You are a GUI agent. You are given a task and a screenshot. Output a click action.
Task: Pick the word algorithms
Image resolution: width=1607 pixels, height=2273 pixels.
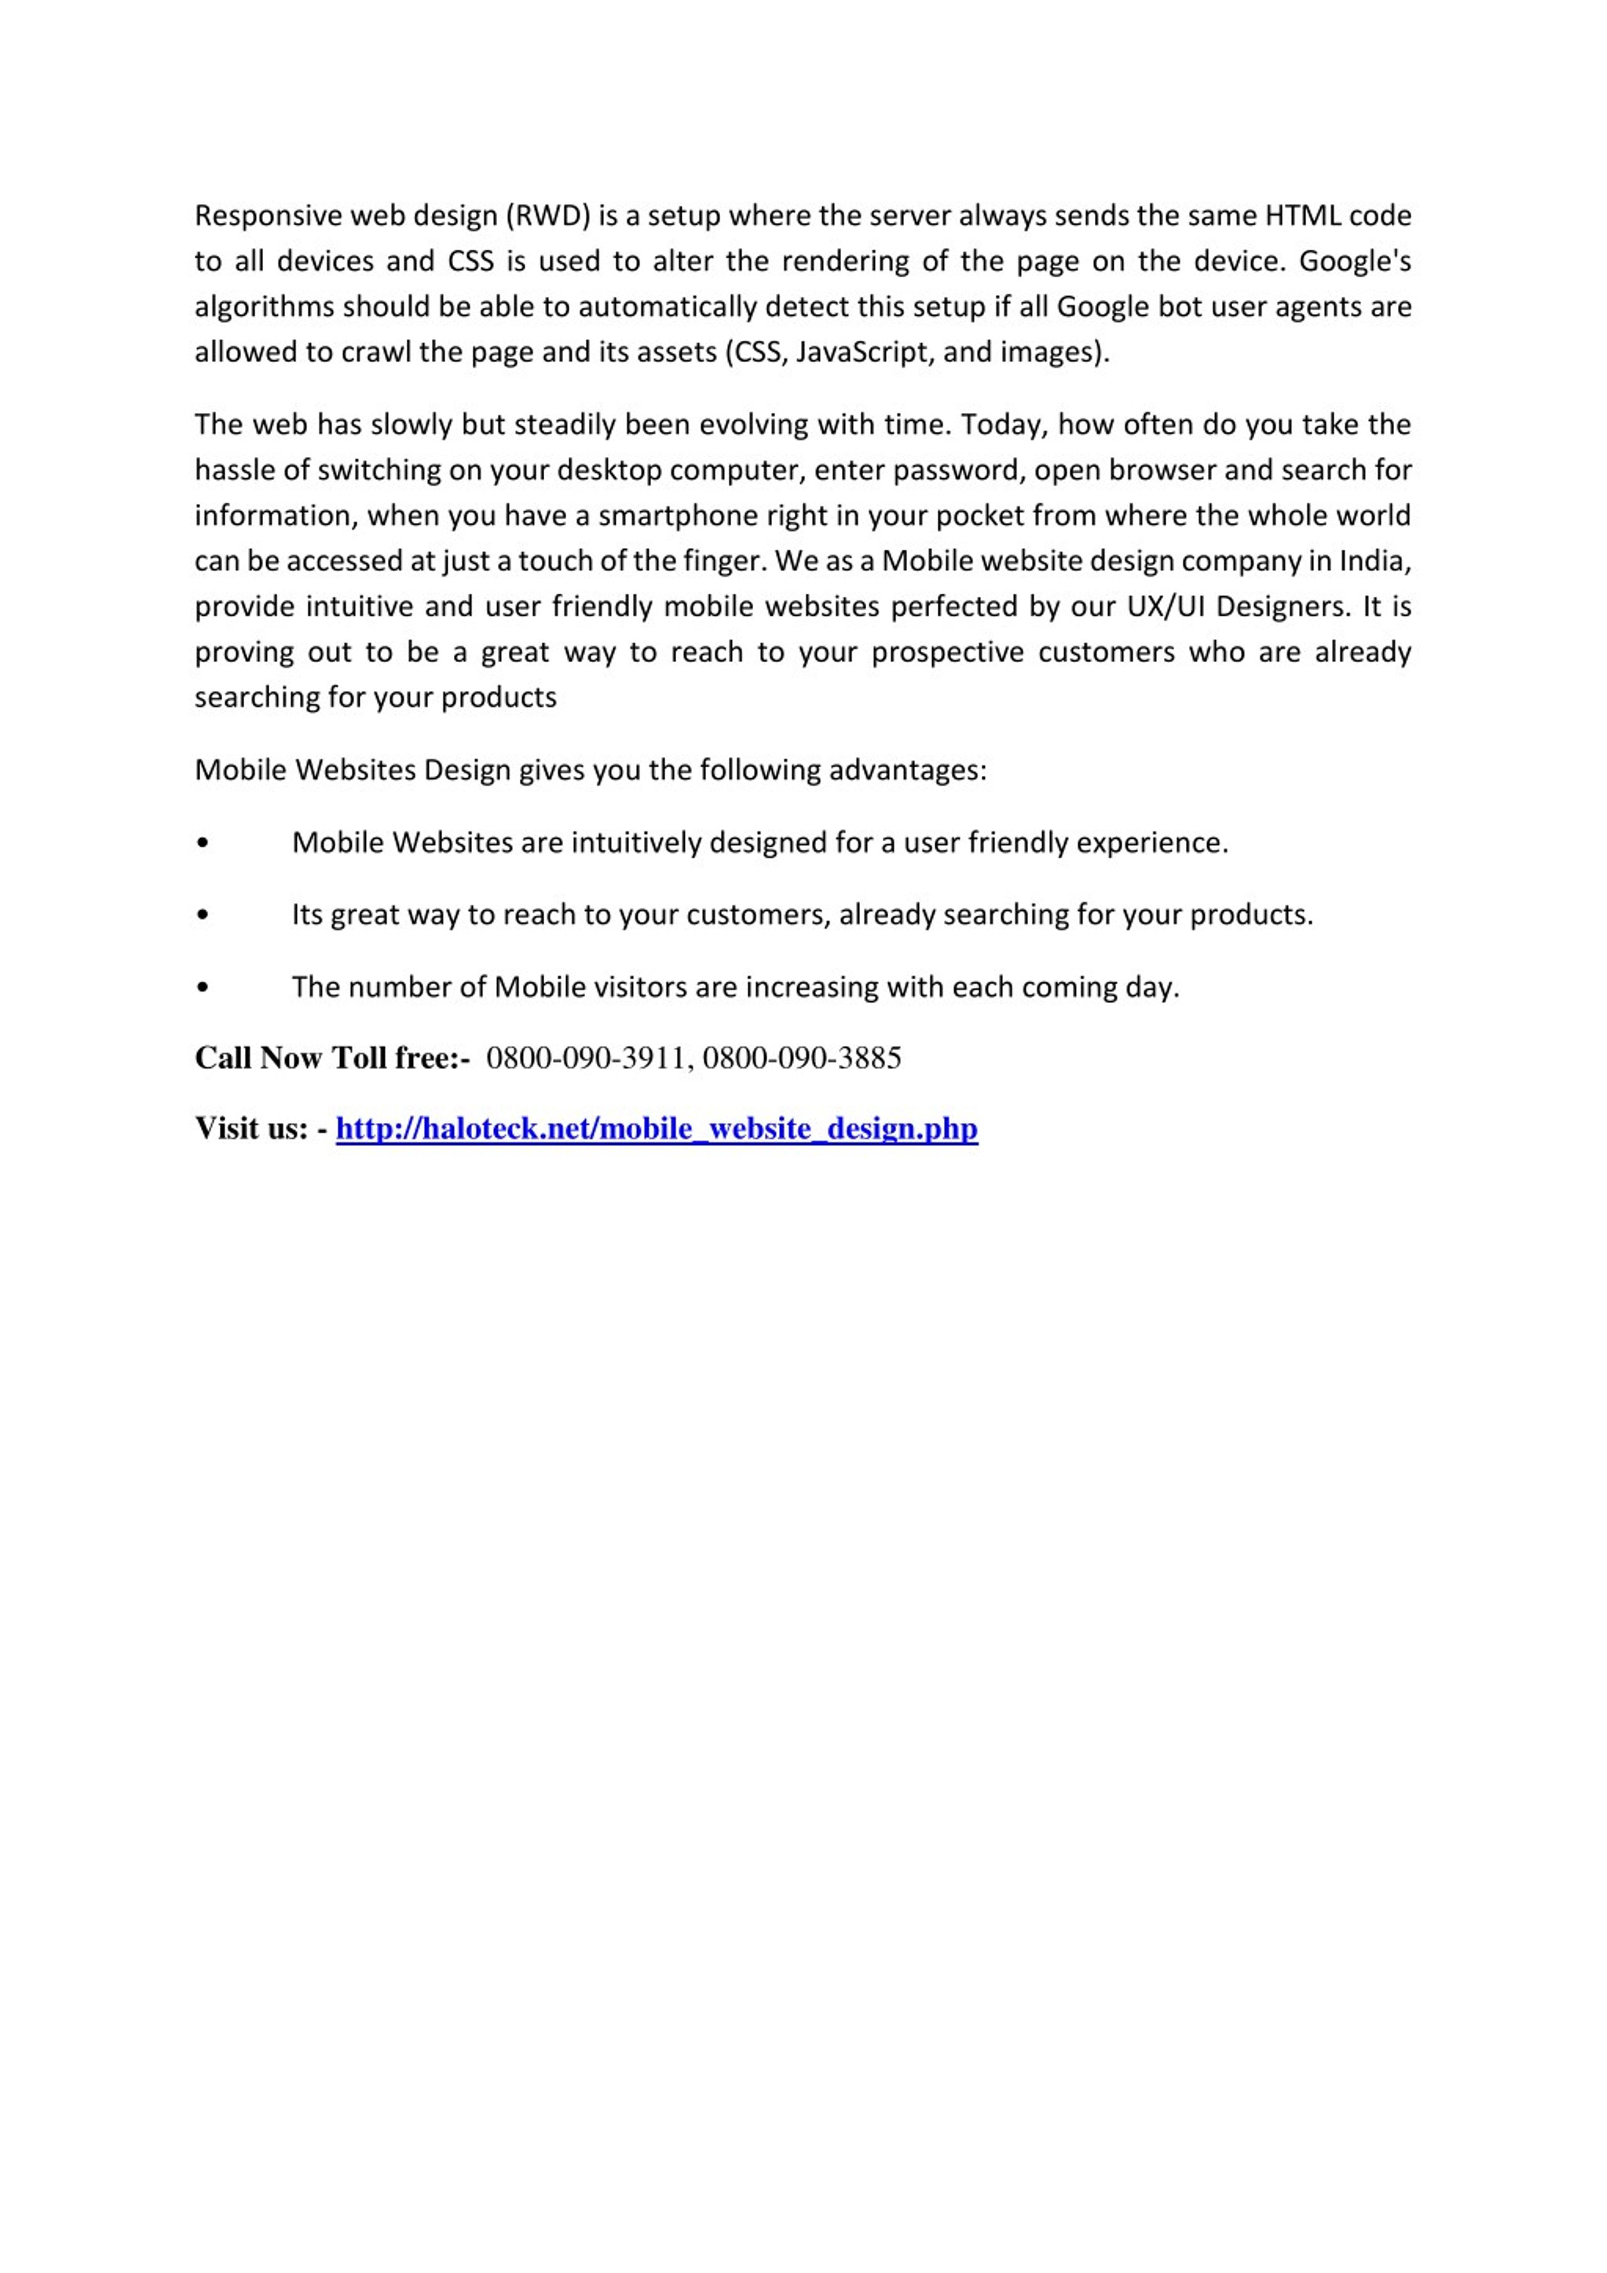pyautogui.click(x=264, y=307)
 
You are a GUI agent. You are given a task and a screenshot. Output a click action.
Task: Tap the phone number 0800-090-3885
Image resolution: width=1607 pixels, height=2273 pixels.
pyautogui.click(x=802, y=1058)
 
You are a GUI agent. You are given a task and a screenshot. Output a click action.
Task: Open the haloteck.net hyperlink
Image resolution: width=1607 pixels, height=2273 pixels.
pyautogui.click(x=657, y=1129)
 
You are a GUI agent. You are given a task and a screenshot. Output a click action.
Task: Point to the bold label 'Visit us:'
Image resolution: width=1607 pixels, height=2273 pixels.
pyautogui.click(x=252, y=1129)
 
